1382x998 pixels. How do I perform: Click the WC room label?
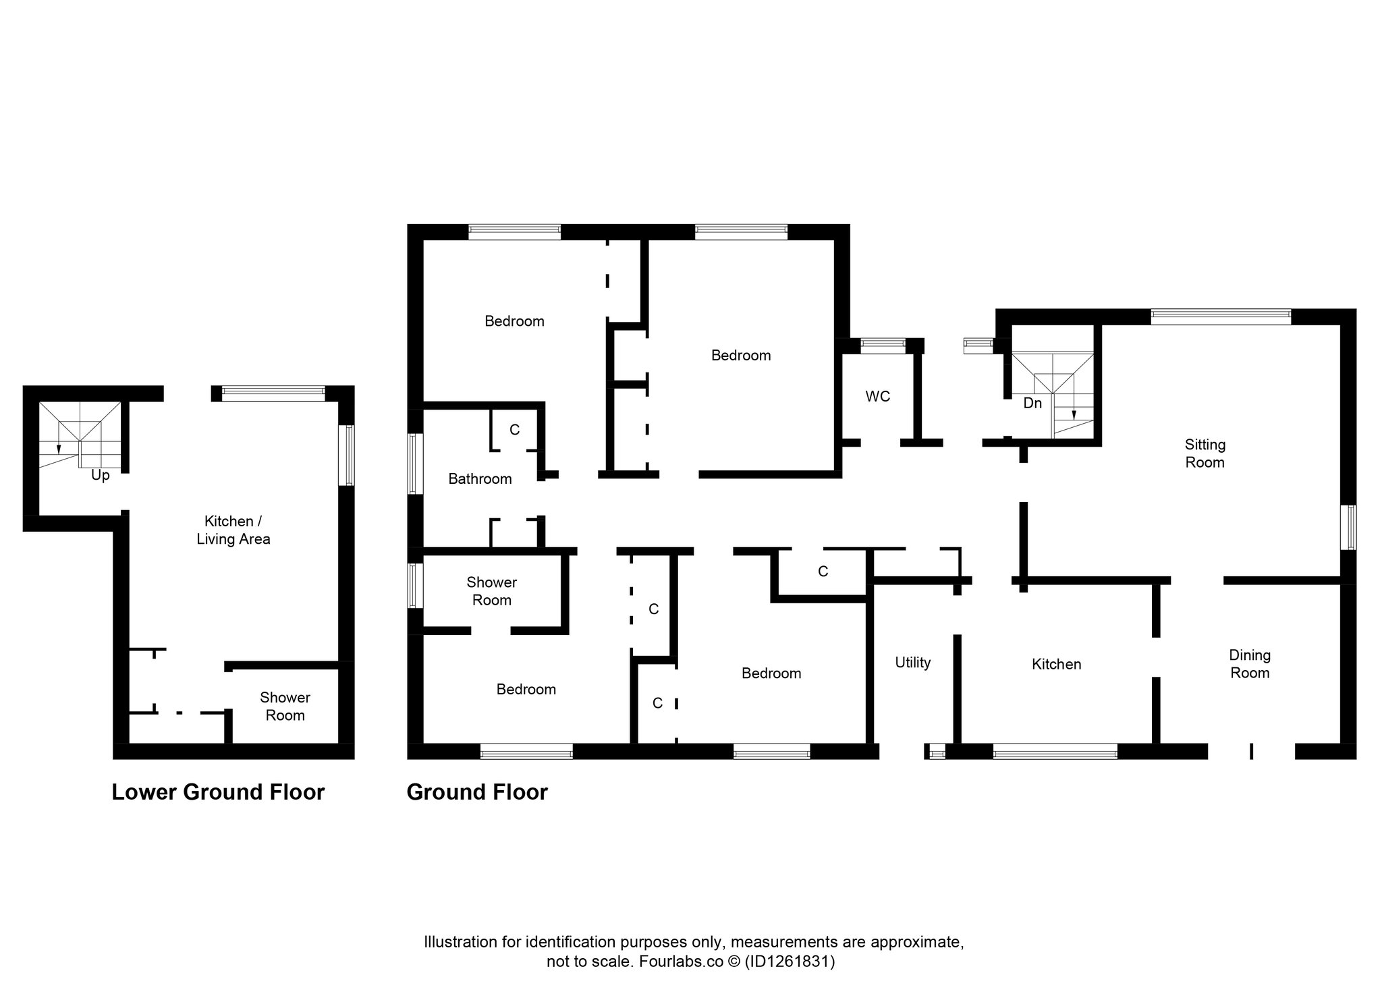click(x=877, y=397)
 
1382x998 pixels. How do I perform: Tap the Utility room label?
click(x=912, y=663)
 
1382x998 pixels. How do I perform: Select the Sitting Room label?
click(x=1205, y=453)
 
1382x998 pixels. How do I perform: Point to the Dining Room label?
click(x=1250, y=664)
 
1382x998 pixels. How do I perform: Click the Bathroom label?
click(x=480, y=479)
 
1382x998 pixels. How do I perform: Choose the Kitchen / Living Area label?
click(x=233, y=530)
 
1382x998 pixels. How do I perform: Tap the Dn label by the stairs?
click(x=1032, y=404)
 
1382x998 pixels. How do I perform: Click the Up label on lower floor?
click(x=100, y=476)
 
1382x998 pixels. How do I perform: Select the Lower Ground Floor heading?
click(x=218, y=792)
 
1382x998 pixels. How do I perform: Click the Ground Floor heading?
click(x=477, y=792)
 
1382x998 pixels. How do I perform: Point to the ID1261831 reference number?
click(x=790, y=962)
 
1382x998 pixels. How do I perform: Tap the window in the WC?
click(x=883, y=345)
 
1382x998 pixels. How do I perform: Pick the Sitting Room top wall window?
click(x=1221, y=316)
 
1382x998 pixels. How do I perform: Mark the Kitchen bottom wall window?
click(x=1055, y=751)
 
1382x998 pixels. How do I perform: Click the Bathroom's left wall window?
click(x=415, y=464)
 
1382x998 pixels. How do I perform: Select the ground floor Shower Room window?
click(x=415, y=586)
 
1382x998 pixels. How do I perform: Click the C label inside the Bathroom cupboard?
click(x=514, y=430)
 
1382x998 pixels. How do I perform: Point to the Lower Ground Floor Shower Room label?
click(x=285, y=706)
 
